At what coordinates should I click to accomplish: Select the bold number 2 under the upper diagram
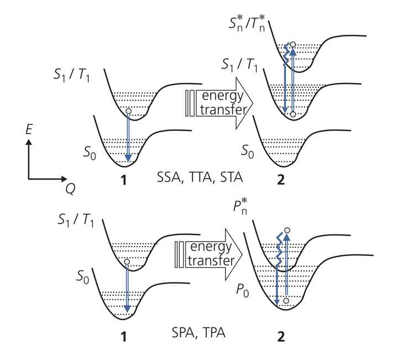283,180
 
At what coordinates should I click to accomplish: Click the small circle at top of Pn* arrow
287,229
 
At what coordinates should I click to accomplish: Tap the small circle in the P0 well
285,300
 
